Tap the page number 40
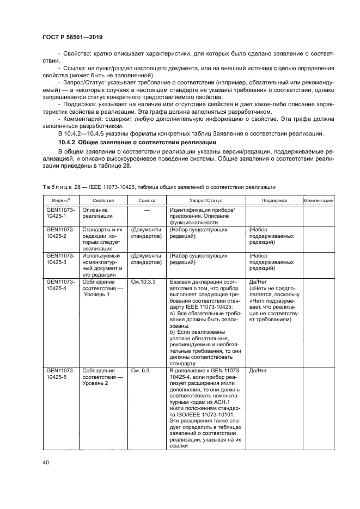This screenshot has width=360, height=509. tap(46, 462)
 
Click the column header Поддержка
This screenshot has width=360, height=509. tap(273, 201)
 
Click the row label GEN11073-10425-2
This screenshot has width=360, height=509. tap(60, 233)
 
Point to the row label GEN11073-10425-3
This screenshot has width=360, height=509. tap(60, 259)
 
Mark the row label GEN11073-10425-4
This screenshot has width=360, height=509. tap(60, 285)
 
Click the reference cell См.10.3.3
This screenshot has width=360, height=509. tap(143, 281)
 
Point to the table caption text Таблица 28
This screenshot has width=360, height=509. tap(56, 187)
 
